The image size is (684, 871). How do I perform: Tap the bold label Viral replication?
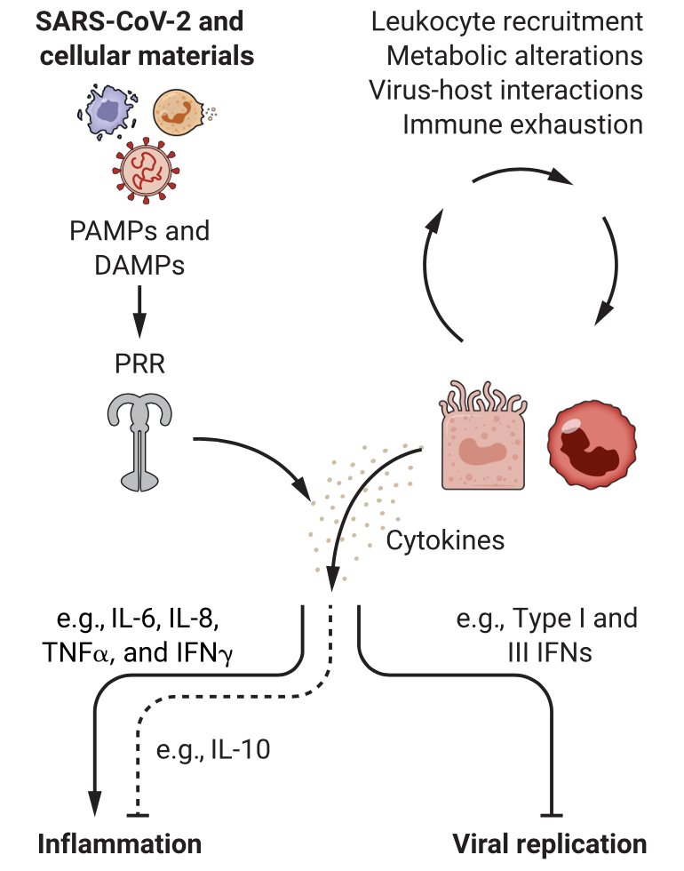550,842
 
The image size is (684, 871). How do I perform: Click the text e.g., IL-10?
213,751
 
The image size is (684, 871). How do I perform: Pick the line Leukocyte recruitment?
507,20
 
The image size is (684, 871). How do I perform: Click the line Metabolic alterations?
514,54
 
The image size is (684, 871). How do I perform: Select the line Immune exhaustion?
523,124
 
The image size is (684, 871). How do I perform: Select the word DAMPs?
140,265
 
